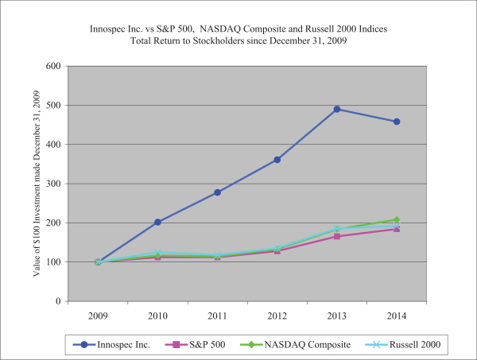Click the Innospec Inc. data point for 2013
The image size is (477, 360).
click(337, 109)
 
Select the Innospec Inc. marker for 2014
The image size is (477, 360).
click(397, 122)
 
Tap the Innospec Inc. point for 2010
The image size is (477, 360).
click(157, 223)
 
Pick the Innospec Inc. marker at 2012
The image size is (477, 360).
click(277, 160)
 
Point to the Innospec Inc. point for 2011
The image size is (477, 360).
click(217, 192)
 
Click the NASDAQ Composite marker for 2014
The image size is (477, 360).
click(397, 219)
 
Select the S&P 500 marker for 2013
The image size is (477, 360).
click(337, 236)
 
